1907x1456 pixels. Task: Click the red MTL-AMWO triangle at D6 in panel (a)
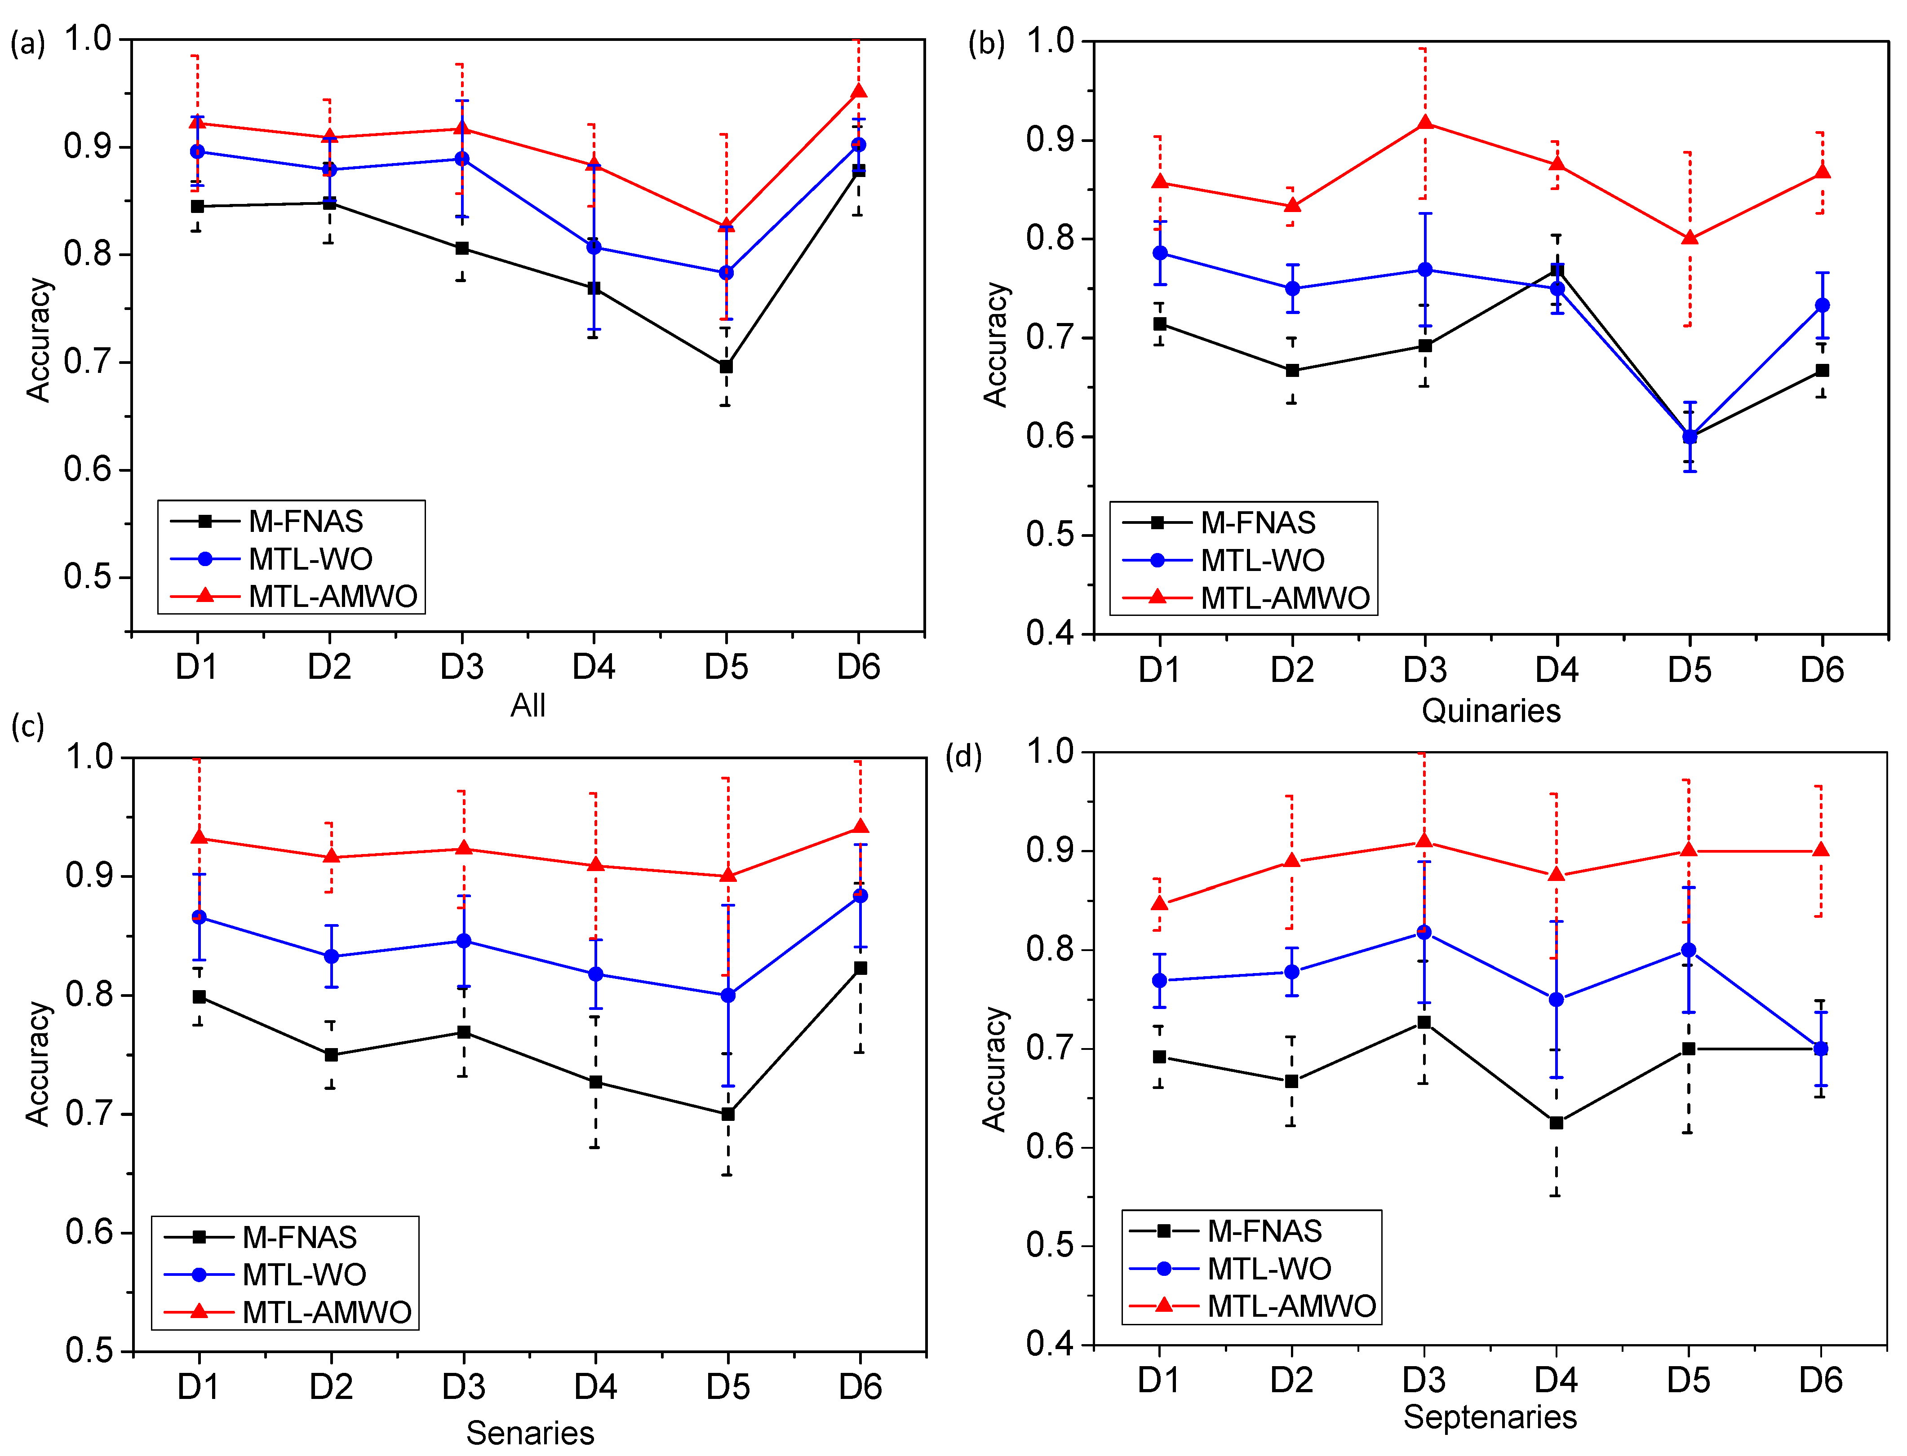coord(858,92)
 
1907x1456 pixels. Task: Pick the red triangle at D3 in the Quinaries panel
coord(1424,123)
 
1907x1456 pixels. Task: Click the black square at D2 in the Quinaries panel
coord(1291,370)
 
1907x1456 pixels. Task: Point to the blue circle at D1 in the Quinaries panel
coord(1160,253)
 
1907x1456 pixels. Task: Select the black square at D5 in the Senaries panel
coord(728,1114)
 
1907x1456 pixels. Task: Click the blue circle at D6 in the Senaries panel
coord(860,895)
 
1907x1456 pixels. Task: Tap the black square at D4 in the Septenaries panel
coord(1556,1122)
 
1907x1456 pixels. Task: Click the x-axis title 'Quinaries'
coord(1491,711)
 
